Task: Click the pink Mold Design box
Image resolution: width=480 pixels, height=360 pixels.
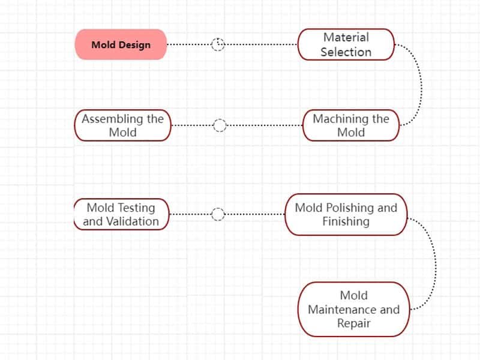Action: (121, 44)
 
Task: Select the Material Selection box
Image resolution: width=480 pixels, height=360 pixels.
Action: (346, 44)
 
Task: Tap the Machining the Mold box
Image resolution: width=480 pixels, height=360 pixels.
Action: (351, 125)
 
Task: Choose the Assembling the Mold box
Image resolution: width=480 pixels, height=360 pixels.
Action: (123, 125)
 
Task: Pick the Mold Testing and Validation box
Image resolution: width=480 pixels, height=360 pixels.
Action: (121, 214)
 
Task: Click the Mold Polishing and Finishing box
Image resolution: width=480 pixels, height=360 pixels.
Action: (346, 214)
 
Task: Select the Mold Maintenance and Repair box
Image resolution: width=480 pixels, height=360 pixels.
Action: (353, 309)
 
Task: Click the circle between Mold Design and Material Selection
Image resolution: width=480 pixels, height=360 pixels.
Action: (218, 44)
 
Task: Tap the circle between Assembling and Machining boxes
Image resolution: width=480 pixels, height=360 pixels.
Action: (220, 125)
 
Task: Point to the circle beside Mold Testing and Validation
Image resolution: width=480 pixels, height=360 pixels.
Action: (218, 214)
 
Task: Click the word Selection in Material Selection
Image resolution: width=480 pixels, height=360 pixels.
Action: (346, 52)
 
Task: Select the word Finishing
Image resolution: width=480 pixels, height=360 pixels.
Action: (346, 221)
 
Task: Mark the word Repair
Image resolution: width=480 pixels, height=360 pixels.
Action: (353, 323)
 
